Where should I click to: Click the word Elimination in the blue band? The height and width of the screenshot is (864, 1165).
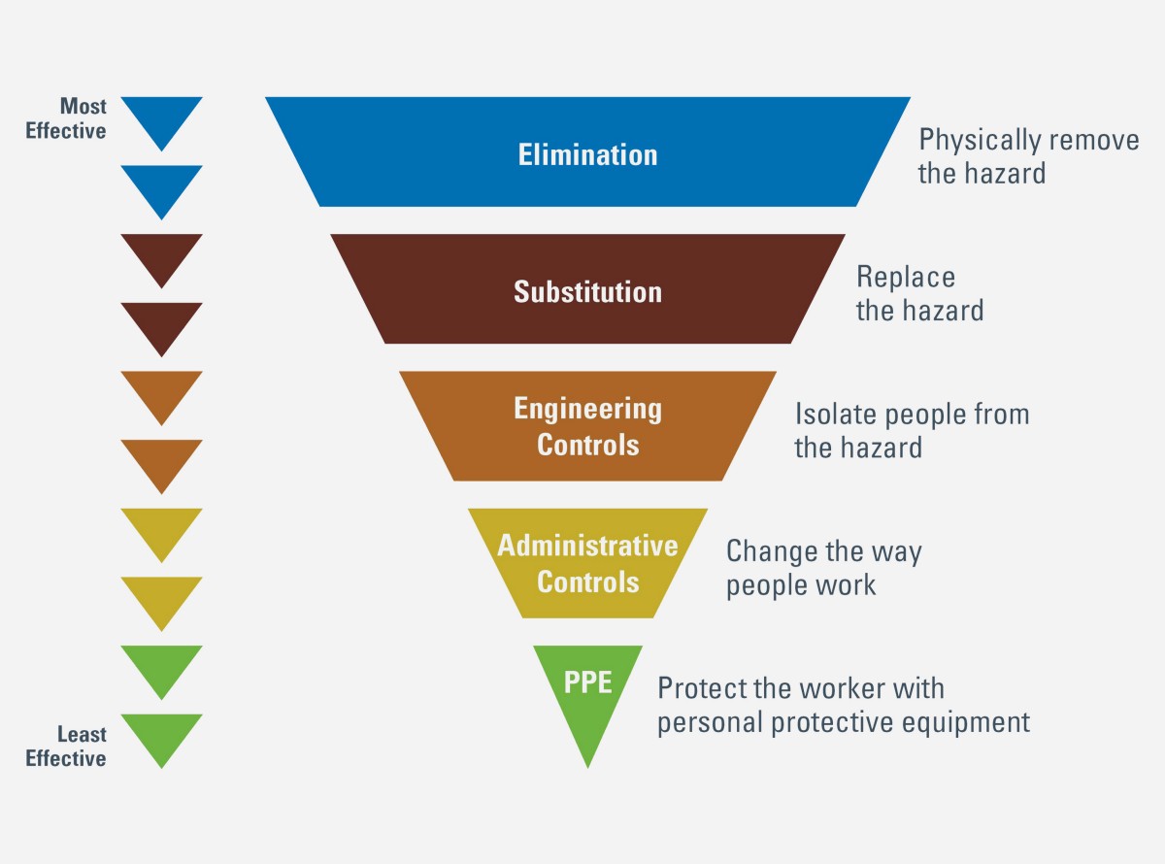coord(587,154)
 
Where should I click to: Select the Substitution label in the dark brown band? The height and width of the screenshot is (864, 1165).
coord(587,291)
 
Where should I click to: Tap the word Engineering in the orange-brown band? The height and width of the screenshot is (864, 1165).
coord(587,410)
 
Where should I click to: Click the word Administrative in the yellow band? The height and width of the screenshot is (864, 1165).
coord(587,546)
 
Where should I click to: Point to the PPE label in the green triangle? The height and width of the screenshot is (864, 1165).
coord(587,682)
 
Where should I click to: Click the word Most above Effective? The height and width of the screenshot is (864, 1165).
coord(83,106)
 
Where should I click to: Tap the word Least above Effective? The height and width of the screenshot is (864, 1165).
coord(82,734)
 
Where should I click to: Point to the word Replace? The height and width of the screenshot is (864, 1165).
coord(906,278)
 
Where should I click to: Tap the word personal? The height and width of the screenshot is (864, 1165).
coord(710,723)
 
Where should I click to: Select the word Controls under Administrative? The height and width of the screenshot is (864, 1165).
coord(587,582)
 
